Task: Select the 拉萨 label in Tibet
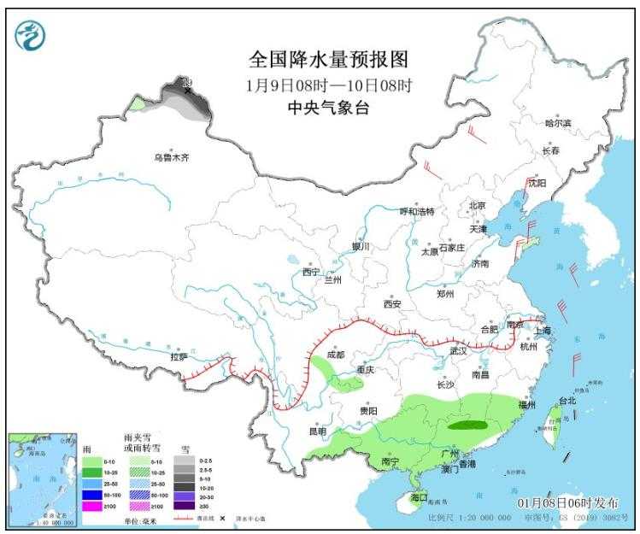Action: [178, 358]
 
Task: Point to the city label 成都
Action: [335, 355]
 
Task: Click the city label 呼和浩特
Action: [418, 211]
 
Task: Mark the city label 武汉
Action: [459, 350]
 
